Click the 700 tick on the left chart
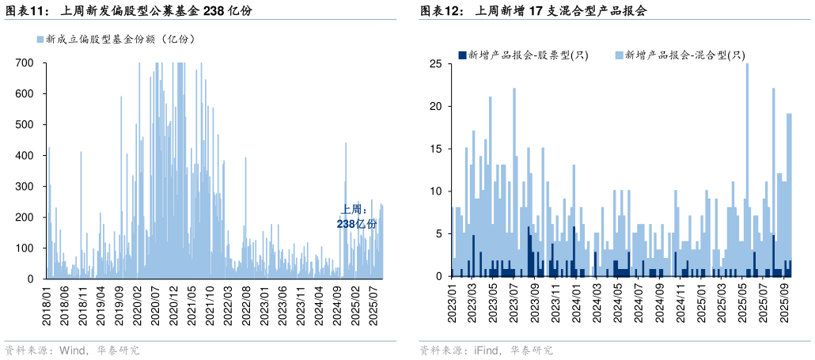(x=25, y=63)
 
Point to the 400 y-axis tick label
(x=25, y=155)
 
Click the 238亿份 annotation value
(x=357, y=224)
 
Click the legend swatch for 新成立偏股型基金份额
(x=40, y=39)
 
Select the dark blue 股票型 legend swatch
(x=462, y=55)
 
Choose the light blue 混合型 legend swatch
(x=619, y=55)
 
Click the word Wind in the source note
(x=73, y=350)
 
